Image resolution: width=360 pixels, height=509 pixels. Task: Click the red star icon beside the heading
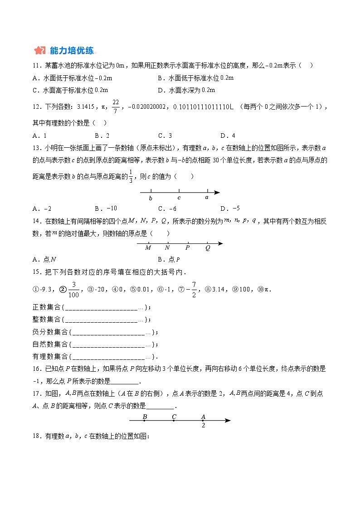coord(40,50)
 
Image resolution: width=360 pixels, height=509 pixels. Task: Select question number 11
coord(37,66)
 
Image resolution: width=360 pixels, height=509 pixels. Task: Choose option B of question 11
coord(195,78)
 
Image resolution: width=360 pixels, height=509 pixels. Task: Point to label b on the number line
coord(151,198)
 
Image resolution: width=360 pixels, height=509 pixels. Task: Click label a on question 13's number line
coord(207,198)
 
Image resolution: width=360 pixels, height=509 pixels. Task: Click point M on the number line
coord(148,247)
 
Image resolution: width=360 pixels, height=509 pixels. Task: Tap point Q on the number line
coord(208,247)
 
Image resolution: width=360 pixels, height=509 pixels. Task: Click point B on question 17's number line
coord(145,417)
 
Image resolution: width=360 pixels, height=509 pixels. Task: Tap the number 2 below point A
coord(203,426)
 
